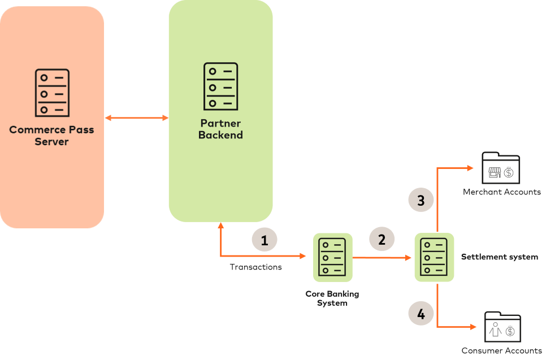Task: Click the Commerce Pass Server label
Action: (51, 136)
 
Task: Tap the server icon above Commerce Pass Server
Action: (52, 93)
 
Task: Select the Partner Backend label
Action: (220, 129)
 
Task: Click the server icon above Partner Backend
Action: (220, 86)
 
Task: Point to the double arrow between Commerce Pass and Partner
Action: (137, 118)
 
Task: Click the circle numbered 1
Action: (265, 240)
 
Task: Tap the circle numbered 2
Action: (382, 239)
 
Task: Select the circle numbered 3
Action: (421, 200)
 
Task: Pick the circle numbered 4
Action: (421, 313)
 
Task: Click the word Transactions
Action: (255, 267)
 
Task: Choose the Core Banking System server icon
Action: (333, 257)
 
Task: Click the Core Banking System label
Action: (332, 298)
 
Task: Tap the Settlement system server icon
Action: (434, 257)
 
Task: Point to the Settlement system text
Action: (499, 257)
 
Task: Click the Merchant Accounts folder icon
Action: (500, 168)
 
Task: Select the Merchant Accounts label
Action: (501, 192)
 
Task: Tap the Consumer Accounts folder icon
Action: (502, 327)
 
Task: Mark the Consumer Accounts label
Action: (501, 351)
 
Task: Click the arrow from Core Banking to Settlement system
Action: (382, 258)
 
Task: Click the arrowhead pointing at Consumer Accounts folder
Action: (473, 327)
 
